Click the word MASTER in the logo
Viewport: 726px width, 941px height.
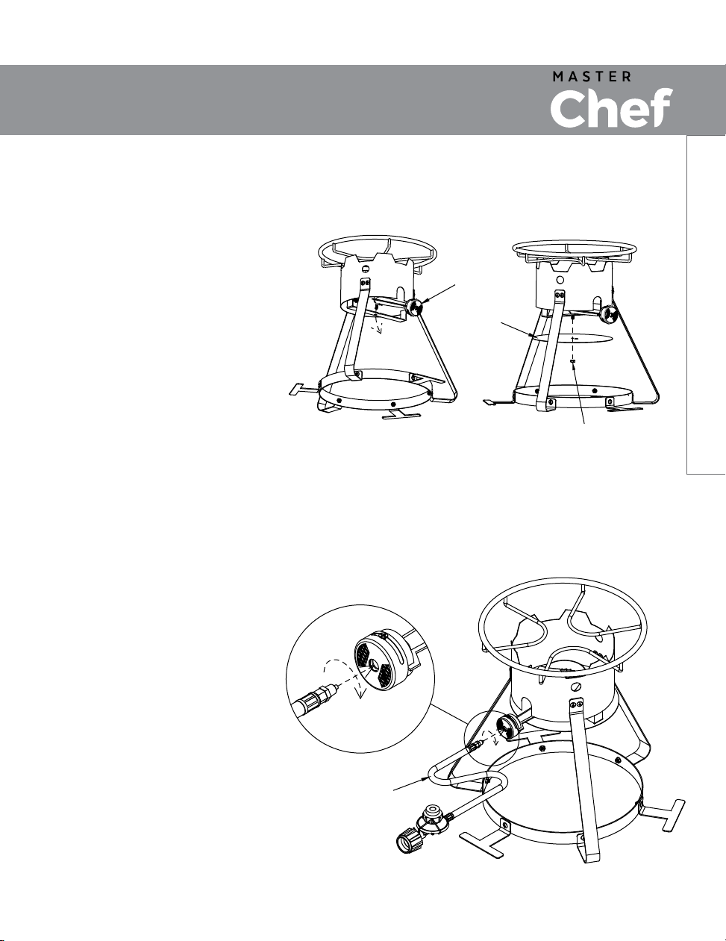pyautogui.click(x=592, y=77)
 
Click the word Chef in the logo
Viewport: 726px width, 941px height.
pyautogui.click(x=611, y=107)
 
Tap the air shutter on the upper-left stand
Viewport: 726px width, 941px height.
pyautogui.click(x=413, y=309)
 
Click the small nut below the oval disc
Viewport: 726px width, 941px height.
pyautogui.click(x=573, y=360)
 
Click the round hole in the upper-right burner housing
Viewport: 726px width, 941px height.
pyautogui.click(x=560, y=279)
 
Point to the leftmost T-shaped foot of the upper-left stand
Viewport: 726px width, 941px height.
pyautogui.click(x=304, y=389)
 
